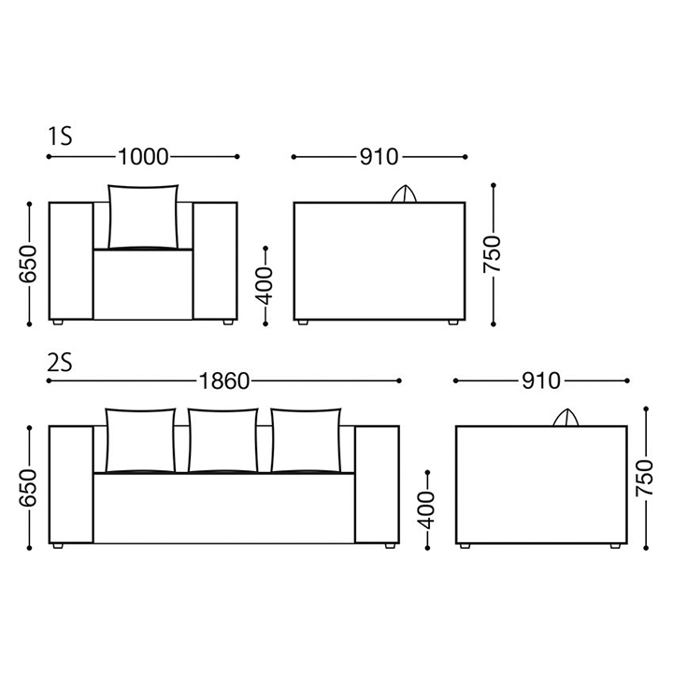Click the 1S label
(60, 136)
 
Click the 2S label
(60, 362)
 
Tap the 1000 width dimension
(143, 157)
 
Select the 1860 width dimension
(224, 380)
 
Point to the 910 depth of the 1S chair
(379, 157)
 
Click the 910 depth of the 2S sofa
(541, 380)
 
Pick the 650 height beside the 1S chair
(28, 264)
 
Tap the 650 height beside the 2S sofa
(28, 488)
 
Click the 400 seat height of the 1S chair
(265, 286)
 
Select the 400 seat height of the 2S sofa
(426, 510)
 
